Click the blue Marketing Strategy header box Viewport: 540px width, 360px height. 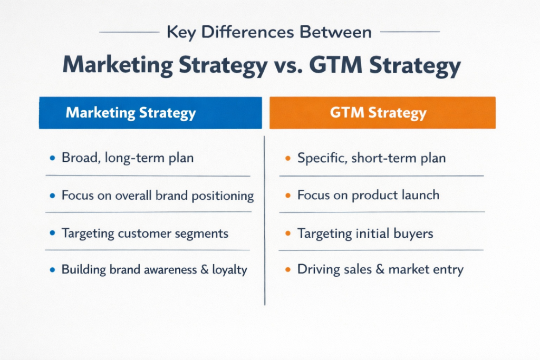point(150,113)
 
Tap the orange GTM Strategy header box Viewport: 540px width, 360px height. point(383,113)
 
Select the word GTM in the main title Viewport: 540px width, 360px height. point(336,65)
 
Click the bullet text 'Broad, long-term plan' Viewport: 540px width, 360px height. point(128,158)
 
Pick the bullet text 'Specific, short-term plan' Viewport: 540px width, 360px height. point(372,158)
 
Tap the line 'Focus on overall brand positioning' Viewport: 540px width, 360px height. point(158,196)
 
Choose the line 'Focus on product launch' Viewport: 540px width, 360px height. point(369,195)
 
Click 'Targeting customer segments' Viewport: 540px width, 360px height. point(145,233)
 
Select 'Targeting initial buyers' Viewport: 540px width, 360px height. point(365,233)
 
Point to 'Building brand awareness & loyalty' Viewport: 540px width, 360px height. point(155,269)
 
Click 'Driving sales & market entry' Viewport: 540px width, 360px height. point(381,269)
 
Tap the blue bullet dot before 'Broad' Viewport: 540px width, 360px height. point(52,158)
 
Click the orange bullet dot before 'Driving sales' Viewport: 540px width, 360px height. point(288,269)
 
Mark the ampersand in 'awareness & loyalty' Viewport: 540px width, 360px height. point(205,269)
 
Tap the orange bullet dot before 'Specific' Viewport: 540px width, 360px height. point(288,158)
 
